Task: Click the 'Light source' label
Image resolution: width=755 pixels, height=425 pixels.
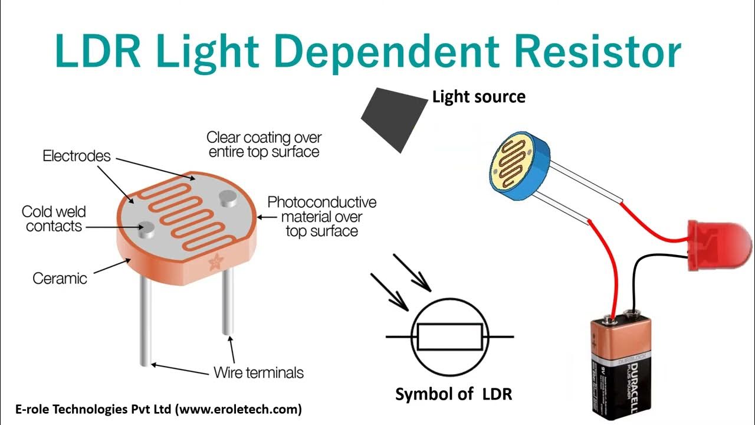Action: coord(478,96)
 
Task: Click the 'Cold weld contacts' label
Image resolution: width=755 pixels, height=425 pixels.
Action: coord(54,218)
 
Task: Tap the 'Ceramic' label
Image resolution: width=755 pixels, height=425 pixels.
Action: coord(60,278)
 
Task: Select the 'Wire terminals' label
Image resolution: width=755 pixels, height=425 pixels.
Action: coord(258,372)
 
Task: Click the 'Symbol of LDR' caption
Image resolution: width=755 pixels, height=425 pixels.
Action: coord(454,394)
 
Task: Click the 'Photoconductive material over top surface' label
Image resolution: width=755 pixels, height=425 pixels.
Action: coord(321,216)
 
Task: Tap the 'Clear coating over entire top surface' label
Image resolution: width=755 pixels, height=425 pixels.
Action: coord(264,144)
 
